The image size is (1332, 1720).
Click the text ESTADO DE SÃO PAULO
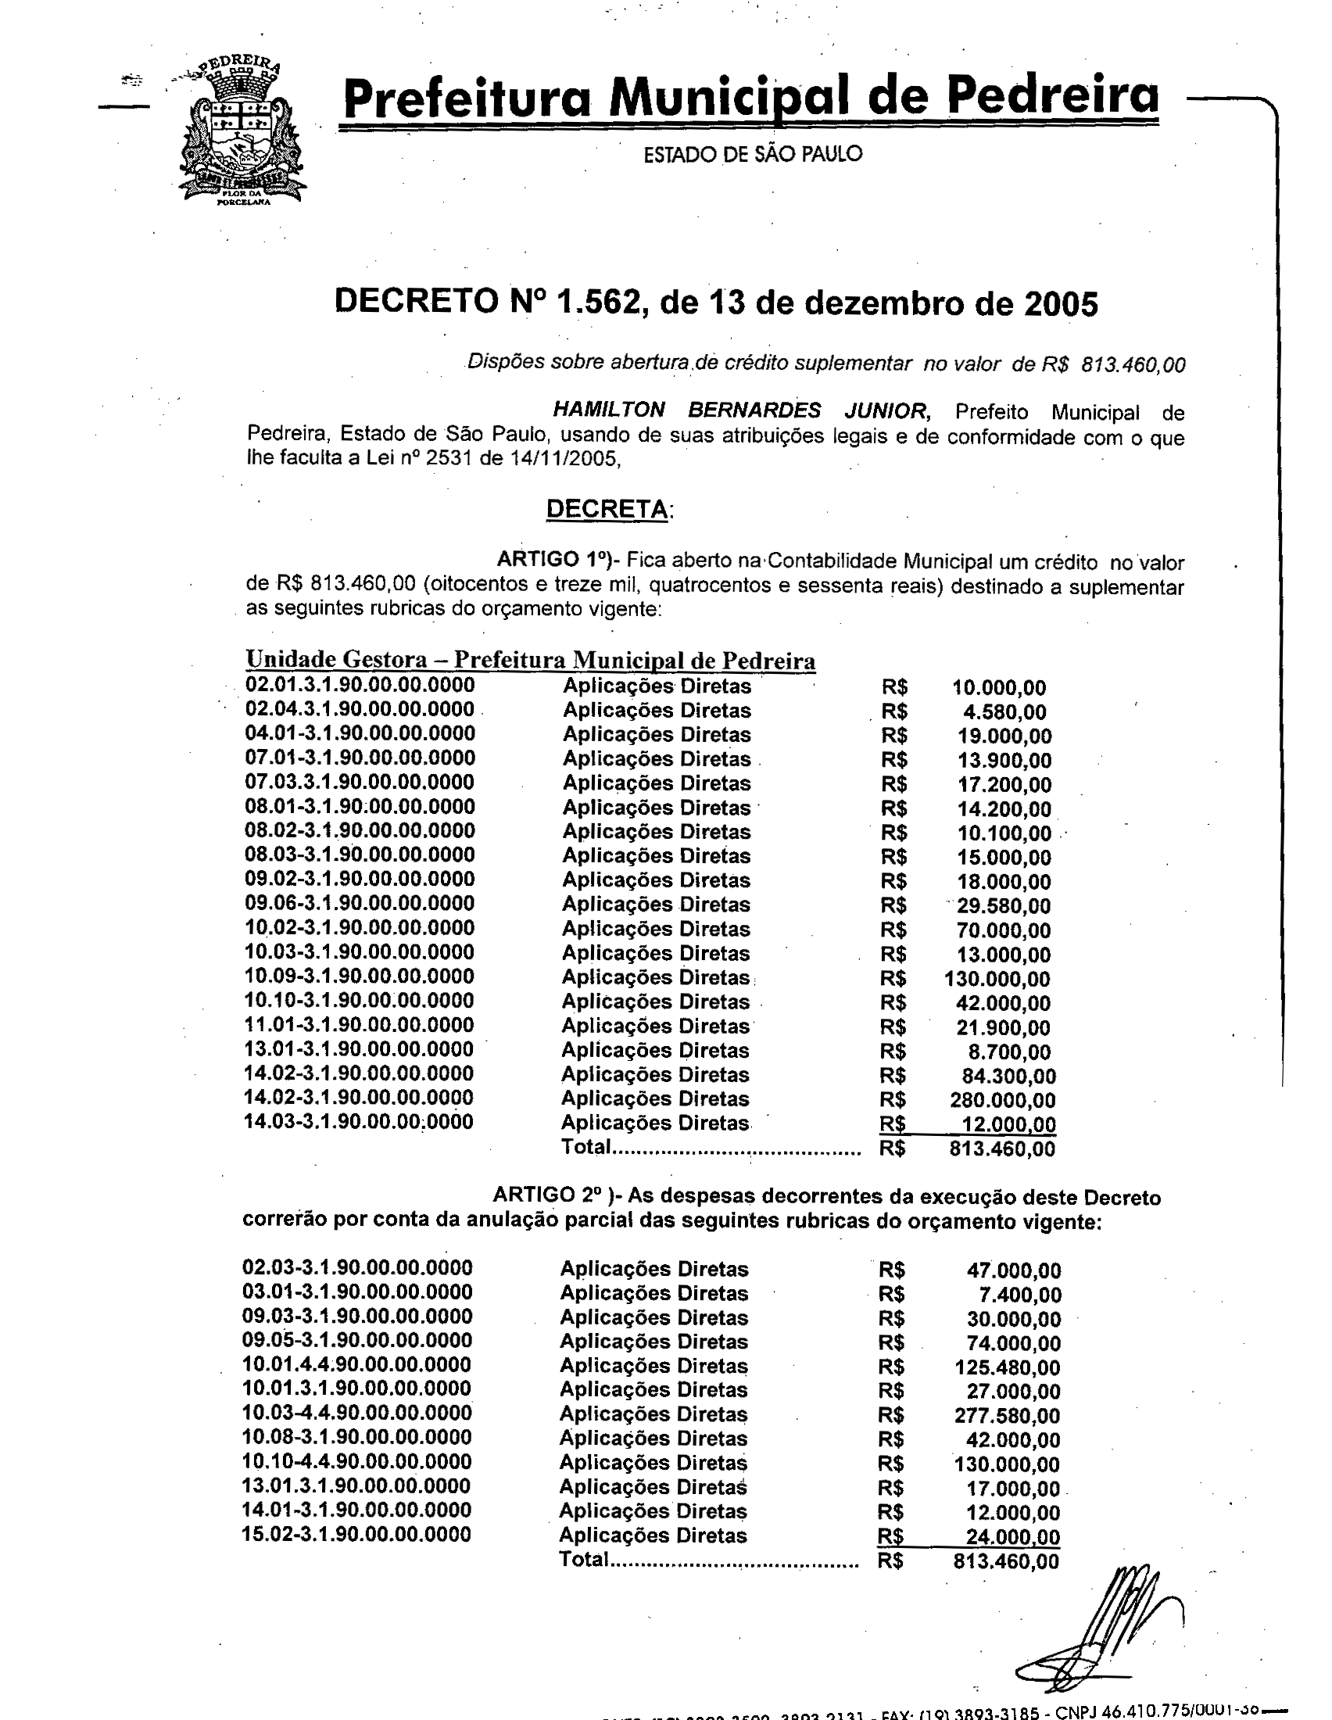pos(753,153)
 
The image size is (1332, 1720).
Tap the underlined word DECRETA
pos(607,509)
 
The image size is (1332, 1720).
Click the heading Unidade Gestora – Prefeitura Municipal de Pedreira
pos(530,660)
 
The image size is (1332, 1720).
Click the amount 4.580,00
pos(1004,713)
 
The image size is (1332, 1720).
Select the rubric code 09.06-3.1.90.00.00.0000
pos(360,903)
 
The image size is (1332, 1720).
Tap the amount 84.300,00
pos(1008,1076)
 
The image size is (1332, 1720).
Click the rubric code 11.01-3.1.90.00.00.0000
pos(360,1025)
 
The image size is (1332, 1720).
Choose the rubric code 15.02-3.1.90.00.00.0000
pos(356,1534)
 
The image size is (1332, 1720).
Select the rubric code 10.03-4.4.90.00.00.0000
pos(356,1413)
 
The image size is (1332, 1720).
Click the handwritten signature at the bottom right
pos(1102,1630)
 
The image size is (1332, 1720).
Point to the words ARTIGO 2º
pos(546,1195)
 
